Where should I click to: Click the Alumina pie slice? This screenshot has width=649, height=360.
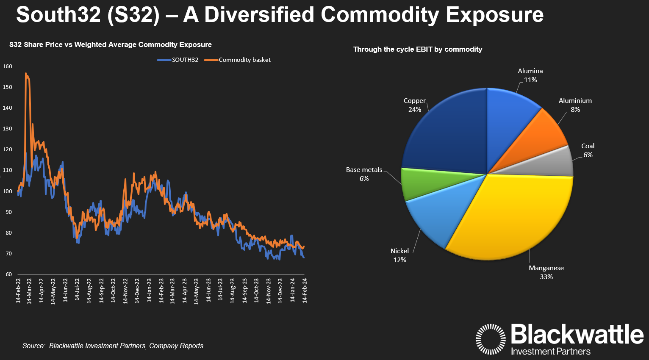508,114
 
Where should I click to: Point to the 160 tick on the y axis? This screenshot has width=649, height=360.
8,66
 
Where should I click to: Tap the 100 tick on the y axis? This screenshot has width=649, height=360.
8,191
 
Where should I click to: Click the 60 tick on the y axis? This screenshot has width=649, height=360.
9,274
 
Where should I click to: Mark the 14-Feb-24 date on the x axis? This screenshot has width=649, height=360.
305,291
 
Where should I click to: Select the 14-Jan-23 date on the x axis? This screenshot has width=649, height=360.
150,291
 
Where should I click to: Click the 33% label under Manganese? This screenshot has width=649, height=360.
546,277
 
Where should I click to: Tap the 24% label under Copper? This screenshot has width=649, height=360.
415,110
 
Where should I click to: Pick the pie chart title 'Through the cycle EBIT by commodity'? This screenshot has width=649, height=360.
418,50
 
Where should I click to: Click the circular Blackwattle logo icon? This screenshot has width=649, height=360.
491,339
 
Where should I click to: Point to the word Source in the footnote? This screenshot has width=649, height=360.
33,346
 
